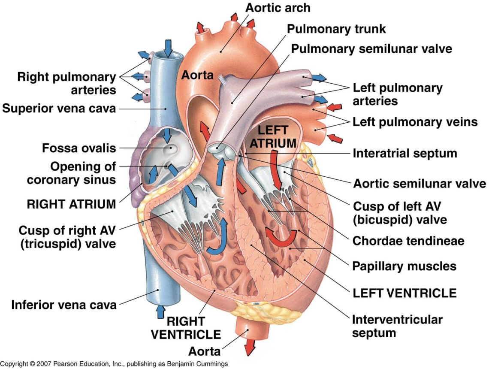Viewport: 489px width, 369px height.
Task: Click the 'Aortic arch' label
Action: [x=278, y=7]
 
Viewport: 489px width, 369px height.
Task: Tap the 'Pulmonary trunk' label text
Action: [x=336, y=29]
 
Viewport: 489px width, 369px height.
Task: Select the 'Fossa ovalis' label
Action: [x=79, y=148]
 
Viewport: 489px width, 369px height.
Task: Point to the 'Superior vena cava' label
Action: [x=59, y=109]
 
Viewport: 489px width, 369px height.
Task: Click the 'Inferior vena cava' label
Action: [x=64, y=305]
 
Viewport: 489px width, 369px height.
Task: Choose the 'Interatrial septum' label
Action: [x=404, y=153]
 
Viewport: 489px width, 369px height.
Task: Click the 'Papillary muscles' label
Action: [x=404, y=266]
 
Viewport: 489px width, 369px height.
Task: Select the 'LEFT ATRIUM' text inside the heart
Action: [x=273, y=137]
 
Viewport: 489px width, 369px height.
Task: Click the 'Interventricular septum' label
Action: [x=397, y=326]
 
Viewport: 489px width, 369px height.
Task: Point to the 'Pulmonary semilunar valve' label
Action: [x=371, y=48]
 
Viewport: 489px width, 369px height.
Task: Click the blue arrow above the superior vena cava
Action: [x=168, y=47]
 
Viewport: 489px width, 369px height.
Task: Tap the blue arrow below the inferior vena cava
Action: [x=160, y=311]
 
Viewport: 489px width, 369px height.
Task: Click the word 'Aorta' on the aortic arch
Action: [x=197, y=75]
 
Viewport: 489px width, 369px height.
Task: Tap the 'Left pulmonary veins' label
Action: [x=415, y=122]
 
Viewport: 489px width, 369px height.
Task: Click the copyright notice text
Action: [x=114, y=364]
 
